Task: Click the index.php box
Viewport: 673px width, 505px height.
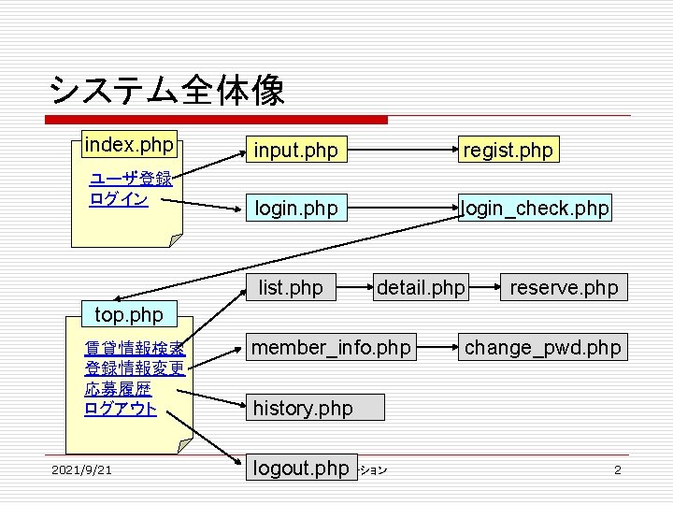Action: click(x=129, y=145)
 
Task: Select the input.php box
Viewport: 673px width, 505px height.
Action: click(x=296, y=150)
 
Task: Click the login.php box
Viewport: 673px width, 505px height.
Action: click(x=296, y=208)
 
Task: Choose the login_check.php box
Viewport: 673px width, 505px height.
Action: click(x=536, y=208)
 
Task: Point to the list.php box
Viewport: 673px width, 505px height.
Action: click(x=291, y=287)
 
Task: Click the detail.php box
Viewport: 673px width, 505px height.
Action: click(x=420, y=287)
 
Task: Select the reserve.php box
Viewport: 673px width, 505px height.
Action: click(x=564, y=287)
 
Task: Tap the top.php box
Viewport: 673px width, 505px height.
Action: click(x=122, y=312)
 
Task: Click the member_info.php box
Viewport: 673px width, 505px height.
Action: click(x=332, y=348)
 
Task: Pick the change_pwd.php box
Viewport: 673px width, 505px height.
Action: click(x=543, y=348)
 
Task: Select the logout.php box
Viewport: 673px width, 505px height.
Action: click(x=301, y=468)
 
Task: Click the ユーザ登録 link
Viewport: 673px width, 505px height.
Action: click(x=130, y=180)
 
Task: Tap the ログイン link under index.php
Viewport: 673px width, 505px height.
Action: click(x=119, y=199)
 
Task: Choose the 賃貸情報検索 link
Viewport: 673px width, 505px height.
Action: click(x=135, y=350)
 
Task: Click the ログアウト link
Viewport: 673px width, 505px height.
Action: click(x=121, y=409)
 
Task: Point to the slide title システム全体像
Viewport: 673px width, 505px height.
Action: click(x=167, y=91)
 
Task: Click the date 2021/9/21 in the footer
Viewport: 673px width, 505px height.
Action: click(x=82, y=469)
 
